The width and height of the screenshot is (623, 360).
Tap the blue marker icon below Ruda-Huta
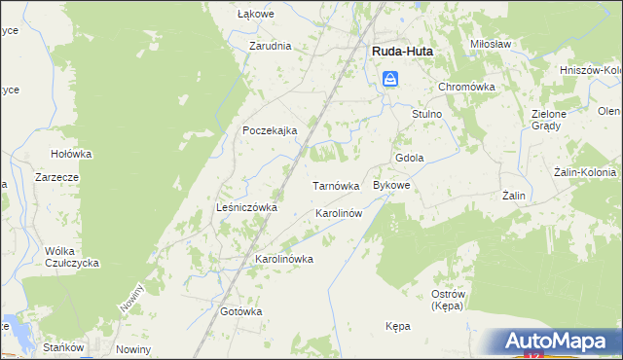coord(389,80)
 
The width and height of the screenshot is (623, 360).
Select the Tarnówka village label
coord(336,185)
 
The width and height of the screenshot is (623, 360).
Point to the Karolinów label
coord(339,213)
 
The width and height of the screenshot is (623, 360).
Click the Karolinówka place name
coord(283,260)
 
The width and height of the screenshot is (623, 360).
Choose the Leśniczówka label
coord(246,207)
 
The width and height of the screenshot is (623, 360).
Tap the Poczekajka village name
coord(270,130)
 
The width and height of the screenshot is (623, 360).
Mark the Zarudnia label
coord(270,46)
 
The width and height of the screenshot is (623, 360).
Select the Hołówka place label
coord(71,154)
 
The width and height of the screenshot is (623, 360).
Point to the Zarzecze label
coord(55,178)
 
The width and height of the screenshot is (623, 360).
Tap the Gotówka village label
coord(241,311)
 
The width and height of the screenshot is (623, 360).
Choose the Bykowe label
coord(392,185)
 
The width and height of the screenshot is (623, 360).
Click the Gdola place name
coord(409,159)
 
